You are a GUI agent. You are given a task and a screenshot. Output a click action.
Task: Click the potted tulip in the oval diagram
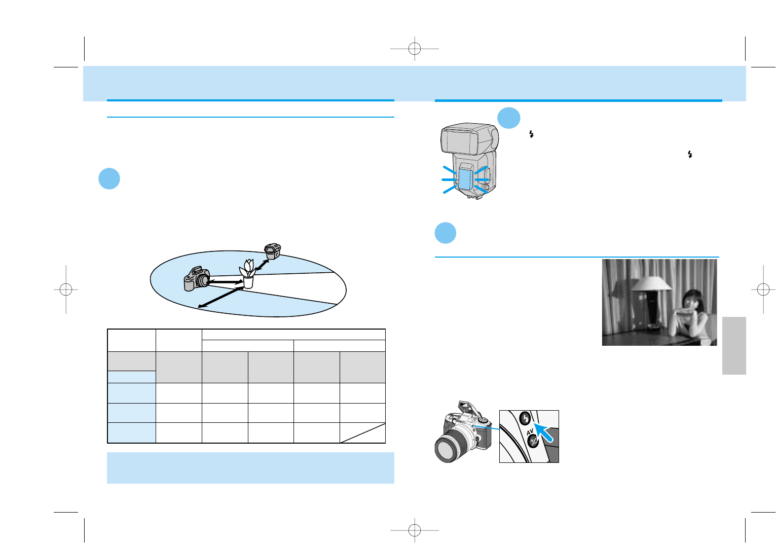(247, 274)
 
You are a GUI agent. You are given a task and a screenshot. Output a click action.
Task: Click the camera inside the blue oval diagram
(196, 279)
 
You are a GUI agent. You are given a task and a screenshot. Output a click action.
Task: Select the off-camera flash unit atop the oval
(273, 251)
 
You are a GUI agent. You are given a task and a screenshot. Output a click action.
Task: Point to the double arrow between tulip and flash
(262, 264)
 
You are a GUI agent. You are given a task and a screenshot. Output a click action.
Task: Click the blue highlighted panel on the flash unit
(465, 180)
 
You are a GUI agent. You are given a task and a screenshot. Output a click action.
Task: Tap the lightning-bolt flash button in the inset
(526, 419)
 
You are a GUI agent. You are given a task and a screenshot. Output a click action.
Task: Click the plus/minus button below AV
(533, 442)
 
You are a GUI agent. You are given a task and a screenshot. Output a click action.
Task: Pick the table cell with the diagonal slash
(362, 432)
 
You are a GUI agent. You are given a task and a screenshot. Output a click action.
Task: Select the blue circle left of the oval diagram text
(109, 179)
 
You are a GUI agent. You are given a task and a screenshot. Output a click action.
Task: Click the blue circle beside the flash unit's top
(508, 118)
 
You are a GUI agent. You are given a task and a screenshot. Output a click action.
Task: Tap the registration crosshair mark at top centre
(415, 49)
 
